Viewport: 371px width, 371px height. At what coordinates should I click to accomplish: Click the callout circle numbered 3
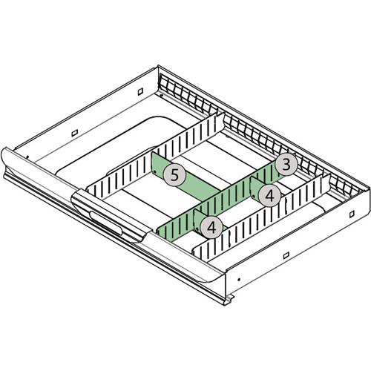point(286,164)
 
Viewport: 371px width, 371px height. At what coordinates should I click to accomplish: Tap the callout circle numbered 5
point(174,175)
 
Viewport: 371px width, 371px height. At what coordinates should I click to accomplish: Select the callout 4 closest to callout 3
point(269,196)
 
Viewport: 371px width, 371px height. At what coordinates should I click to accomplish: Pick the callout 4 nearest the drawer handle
point(211,228)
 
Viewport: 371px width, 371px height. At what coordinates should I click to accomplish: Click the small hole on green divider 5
point(154,171)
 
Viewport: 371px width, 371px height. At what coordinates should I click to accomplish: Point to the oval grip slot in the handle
point(106,223)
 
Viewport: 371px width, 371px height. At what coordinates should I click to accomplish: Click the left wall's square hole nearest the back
point(140,92)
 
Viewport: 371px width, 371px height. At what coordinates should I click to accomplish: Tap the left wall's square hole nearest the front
point(75,133)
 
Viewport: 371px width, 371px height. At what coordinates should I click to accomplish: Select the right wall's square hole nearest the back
point(352,214)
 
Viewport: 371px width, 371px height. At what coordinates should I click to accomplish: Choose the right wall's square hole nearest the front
point(286,255)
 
